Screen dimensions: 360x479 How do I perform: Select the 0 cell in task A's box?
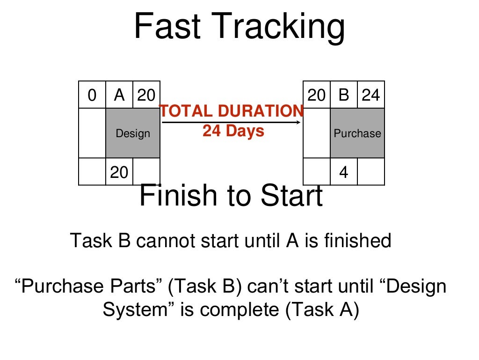(x=92, y=96)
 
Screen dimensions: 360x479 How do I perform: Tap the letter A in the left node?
(x=119, y=96)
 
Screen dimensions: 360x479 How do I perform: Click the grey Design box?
(x=133, y=133)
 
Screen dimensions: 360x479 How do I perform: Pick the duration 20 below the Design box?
(x=119, y=173)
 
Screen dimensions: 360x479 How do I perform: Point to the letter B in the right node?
(x=344, y=96)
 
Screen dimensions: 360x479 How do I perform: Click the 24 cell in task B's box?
(x=371, y=96)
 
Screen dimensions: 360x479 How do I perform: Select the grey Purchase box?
(x=357, y=133)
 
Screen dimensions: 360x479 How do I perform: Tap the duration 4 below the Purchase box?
(x=344, y=173)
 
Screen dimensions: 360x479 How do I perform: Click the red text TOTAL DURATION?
(x=232, y=111)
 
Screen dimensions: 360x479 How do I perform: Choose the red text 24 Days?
(x=233, y=131)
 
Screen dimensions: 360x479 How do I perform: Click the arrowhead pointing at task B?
(x=299, y=123)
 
